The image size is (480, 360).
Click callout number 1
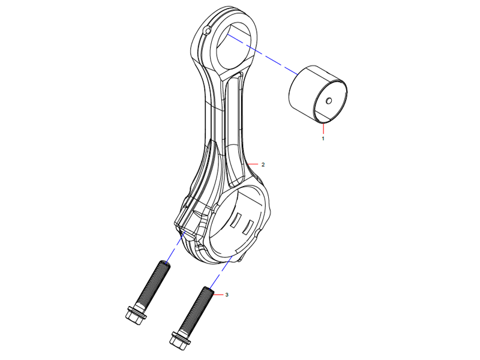coord(323,138)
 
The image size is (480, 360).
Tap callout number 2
coord(263,164)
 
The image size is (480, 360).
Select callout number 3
coord(227,295)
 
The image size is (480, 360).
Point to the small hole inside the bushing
coord(329,100)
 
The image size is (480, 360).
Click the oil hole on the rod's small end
coord(208,31)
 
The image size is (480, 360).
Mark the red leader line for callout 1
coord(323,128)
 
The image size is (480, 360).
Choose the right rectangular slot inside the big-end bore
coord(248,227)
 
